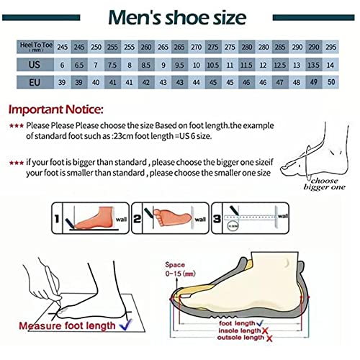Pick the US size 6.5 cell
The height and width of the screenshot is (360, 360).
tap(78, 65)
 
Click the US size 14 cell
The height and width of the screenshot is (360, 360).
tap(330, 65)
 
